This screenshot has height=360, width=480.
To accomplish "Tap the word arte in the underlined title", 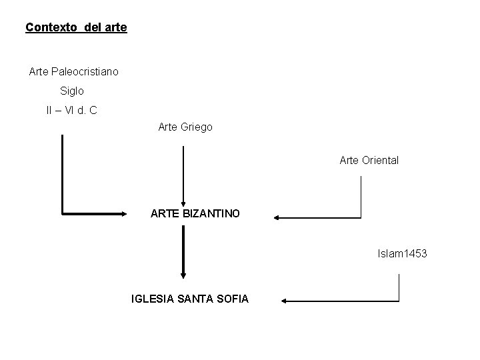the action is click(116, 28).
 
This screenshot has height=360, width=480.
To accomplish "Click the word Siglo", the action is click(72, 90).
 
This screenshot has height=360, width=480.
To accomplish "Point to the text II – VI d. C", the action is click(71, 110).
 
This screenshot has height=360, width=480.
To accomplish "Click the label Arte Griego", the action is click(185, 126).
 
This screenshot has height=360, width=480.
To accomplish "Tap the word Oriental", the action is click(379, 160).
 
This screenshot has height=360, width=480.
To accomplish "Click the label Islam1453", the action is click(402, 254).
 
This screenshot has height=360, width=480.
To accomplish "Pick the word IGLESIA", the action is click(151, 299).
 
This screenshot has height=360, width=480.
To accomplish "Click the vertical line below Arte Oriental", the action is click(361, 196).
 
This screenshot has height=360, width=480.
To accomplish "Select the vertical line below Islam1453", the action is click(398, 287).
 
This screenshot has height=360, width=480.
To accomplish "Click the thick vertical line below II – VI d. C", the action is click(62, 173).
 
